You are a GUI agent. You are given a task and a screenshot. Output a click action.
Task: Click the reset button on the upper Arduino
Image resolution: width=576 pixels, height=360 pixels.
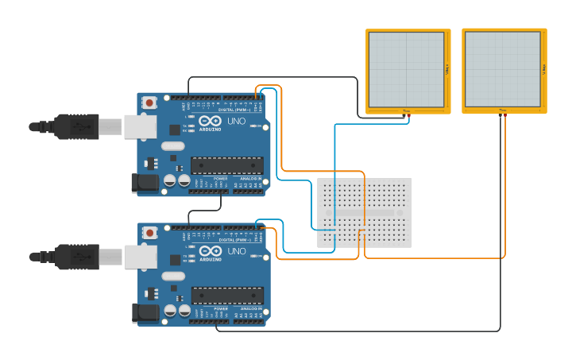tap(149, 103)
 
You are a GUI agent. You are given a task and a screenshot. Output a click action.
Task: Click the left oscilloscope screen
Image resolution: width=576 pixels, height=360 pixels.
tap(406, 69)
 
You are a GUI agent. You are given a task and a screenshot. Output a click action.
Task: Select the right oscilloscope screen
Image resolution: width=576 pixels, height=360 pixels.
tap(502, 69)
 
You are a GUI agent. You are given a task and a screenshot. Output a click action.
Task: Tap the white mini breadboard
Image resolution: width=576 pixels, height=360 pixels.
tap(364, 212)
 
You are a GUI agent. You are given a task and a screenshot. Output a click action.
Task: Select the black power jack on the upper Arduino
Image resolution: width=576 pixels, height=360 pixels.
tap(145, 183)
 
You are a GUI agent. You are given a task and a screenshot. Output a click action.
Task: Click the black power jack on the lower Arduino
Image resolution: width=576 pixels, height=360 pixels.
tap(145, 312)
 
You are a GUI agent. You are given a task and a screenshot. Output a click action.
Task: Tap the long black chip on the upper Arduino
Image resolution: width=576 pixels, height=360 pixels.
tap(226, 165)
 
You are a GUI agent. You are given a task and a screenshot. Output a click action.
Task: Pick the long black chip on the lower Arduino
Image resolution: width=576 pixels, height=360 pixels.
tap(226, 295)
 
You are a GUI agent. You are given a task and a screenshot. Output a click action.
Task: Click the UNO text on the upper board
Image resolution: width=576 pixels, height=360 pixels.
tap(237, 122)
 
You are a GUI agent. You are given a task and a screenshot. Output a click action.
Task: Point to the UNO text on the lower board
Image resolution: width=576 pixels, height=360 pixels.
tap(237, 251)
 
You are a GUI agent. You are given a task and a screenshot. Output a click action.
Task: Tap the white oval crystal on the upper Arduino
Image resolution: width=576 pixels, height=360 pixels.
tap(172, 146)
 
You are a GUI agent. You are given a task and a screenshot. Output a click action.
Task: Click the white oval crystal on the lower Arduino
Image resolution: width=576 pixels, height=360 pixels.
tap(172, 276)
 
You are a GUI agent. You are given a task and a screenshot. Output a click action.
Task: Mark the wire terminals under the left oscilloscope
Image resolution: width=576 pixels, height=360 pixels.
tap(406, 116)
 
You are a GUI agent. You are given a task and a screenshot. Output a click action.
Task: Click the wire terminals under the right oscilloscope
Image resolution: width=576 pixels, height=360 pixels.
tap(503, 116)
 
